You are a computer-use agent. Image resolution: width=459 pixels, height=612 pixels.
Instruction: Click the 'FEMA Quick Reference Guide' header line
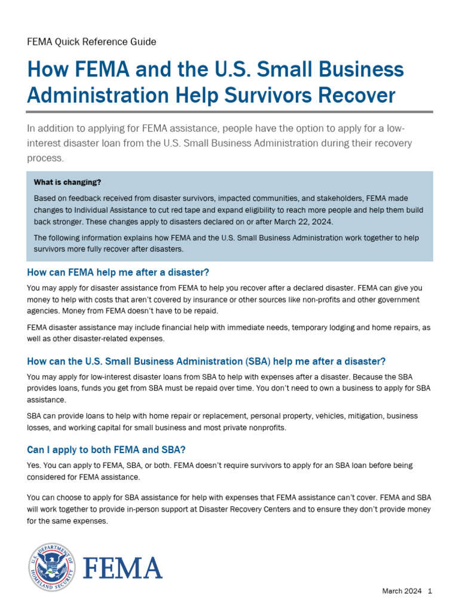(91, 42)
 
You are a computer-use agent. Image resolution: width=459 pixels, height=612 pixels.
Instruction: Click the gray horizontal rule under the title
(229, 111)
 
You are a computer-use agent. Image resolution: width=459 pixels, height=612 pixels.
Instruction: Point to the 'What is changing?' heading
(68, 182)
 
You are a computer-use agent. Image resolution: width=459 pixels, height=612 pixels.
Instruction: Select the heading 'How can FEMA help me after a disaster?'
(118, 273)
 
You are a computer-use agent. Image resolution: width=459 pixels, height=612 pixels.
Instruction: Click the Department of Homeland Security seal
(52, 567)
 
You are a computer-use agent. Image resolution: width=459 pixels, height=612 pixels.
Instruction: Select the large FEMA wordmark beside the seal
(122, 568)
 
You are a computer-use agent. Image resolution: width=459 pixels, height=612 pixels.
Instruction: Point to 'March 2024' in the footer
(402, 591)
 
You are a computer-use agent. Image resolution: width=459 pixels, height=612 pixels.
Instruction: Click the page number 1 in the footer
(429, 591)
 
